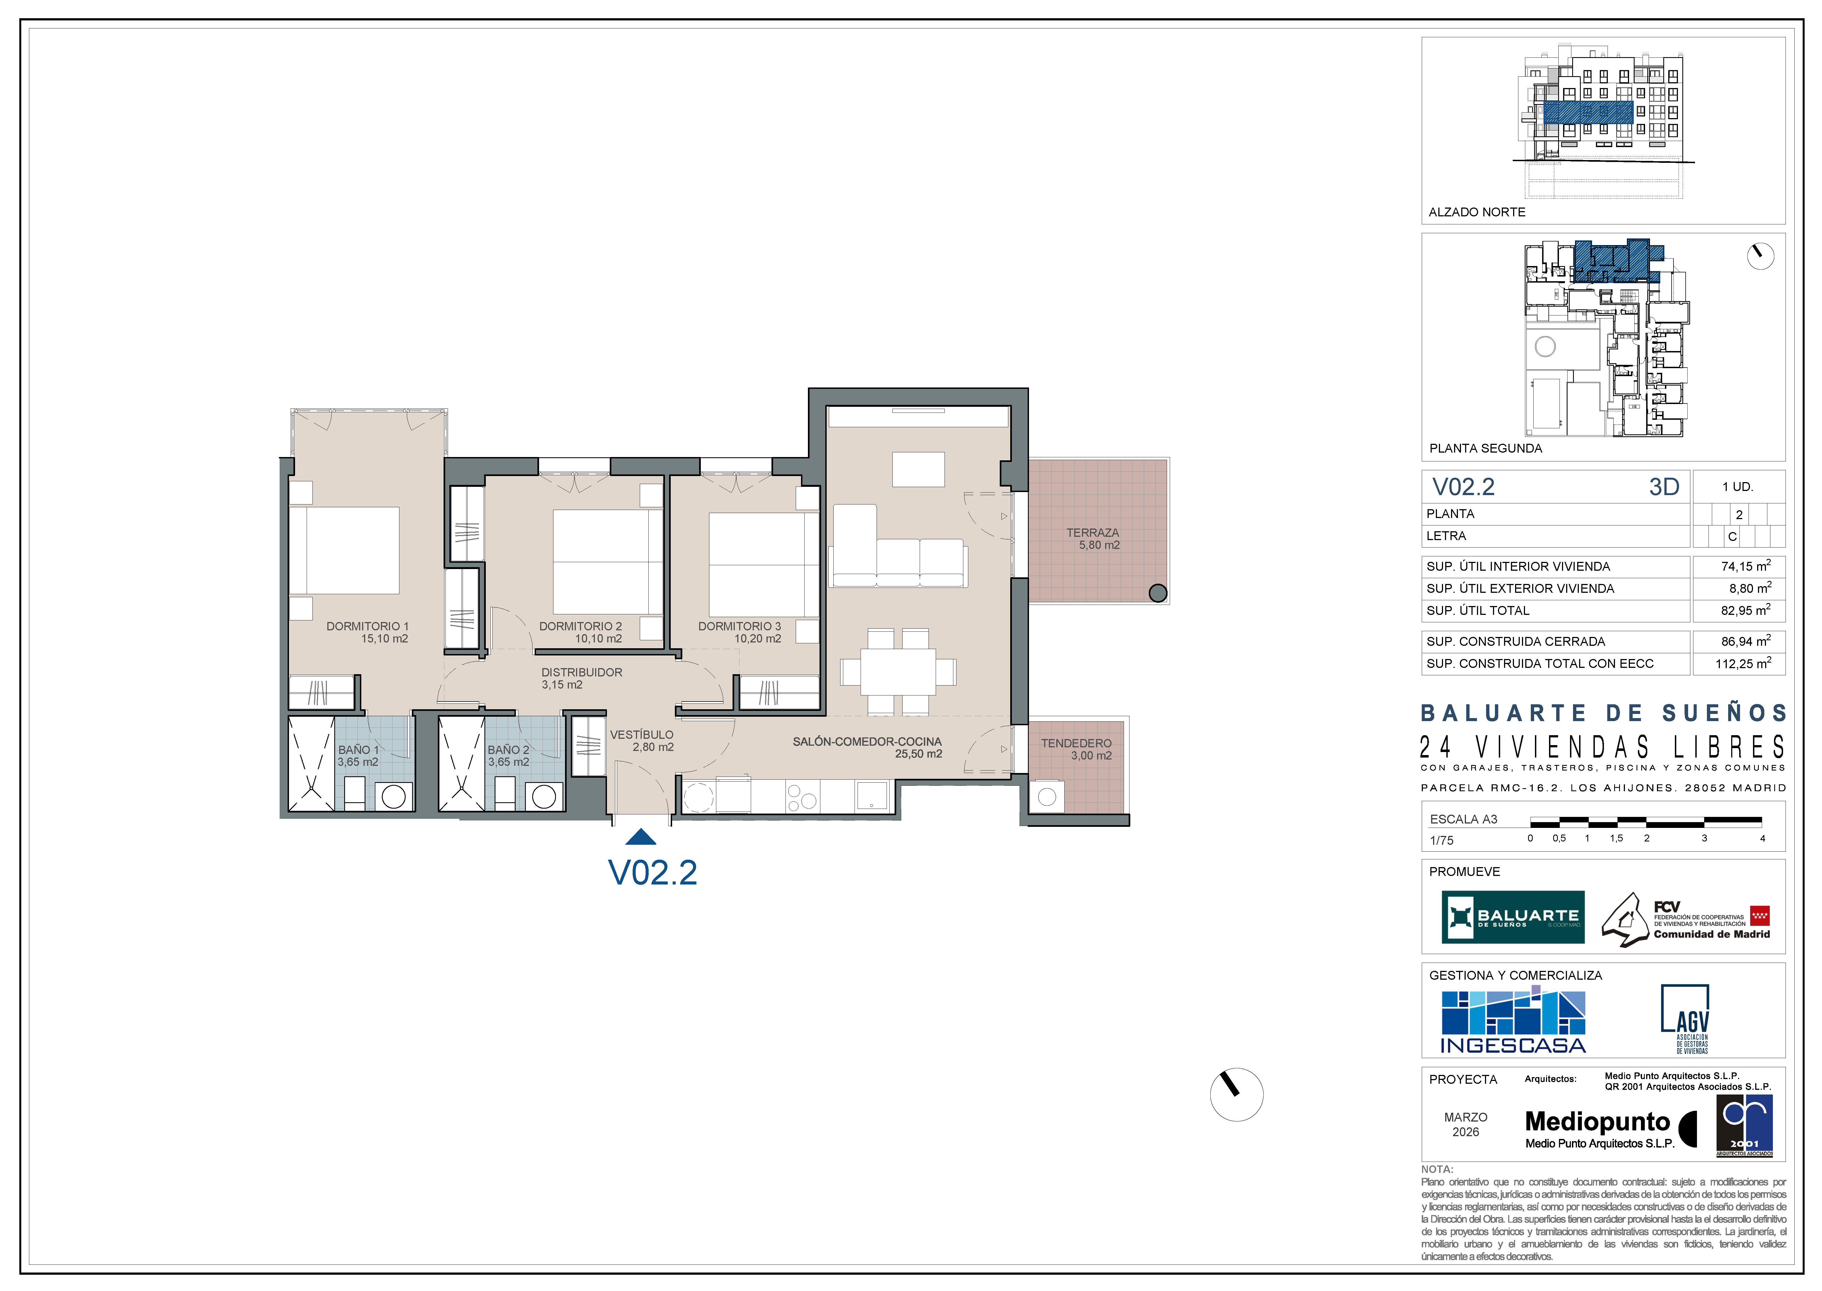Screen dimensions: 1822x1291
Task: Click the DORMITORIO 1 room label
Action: [x=367, y=626]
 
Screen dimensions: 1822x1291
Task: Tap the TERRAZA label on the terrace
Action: [x=1093, y=533]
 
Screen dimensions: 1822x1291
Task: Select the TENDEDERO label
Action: [x=1076, y=743]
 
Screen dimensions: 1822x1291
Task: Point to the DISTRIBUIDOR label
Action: [x=582, y=673]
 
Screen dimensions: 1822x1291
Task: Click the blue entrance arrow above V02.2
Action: [x=641, y=837]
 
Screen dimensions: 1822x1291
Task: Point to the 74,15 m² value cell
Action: [x=1739, y=567]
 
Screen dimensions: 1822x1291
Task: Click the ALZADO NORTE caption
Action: [x=1477, y=212]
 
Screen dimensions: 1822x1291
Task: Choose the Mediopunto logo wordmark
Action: [x=1598, y=1122]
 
